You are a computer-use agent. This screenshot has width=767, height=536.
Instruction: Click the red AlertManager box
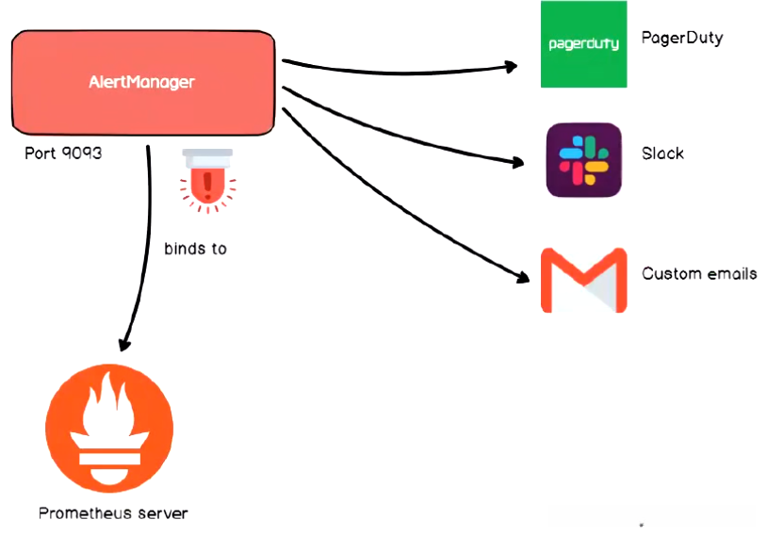(x=143, y=82)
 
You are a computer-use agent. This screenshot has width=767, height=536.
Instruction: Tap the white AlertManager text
(x=142, y=82)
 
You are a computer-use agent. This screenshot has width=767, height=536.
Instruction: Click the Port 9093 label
(x=63, y=153)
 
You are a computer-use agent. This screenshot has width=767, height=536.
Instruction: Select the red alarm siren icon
(x=207, y=181)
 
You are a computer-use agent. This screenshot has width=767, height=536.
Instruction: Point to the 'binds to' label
(x=195, y=249)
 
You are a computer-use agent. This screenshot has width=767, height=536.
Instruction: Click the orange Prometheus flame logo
(x=109, y=429)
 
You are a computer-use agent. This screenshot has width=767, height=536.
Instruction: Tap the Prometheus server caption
(x=113, y=513)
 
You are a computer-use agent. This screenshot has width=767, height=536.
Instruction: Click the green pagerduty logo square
(x=583, y=44)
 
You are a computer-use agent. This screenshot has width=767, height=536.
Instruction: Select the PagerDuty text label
(x=682, y=38)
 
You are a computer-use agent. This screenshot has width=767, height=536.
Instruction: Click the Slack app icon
(x=583, y=160)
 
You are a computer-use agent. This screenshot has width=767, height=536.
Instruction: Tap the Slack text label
(x=662, y=153)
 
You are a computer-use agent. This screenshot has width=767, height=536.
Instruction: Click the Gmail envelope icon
(x=583, y=280)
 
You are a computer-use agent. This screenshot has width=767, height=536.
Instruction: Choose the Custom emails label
(x=699, y=273)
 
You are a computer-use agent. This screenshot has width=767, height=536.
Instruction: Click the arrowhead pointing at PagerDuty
(x=511, y=66)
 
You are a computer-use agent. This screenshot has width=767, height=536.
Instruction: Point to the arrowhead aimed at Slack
(x=518, y=161)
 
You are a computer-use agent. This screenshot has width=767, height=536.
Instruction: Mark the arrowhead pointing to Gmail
(x=523, y=277)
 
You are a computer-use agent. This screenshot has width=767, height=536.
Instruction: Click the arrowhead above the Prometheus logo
(x=123, y=344)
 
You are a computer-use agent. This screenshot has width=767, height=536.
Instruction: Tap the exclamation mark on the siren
(x=207, y=187)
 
